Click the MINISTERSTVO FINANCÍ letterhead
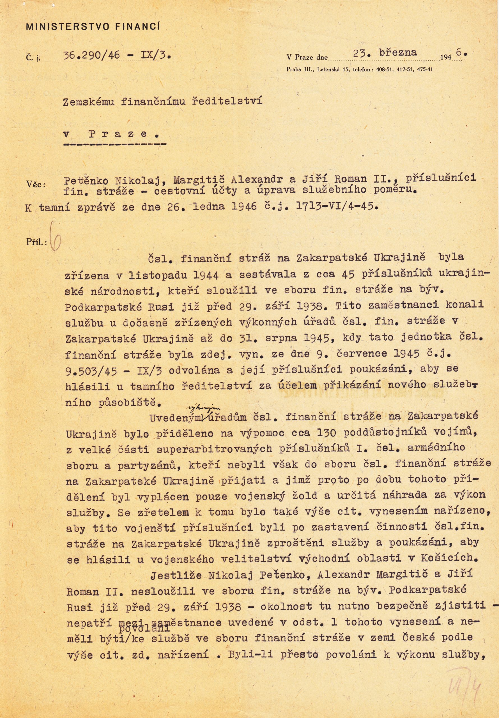[x=93, y=27]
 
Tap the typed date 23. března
[x=385, y=53]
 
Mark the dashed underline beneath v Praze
[x=114, y=144]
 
